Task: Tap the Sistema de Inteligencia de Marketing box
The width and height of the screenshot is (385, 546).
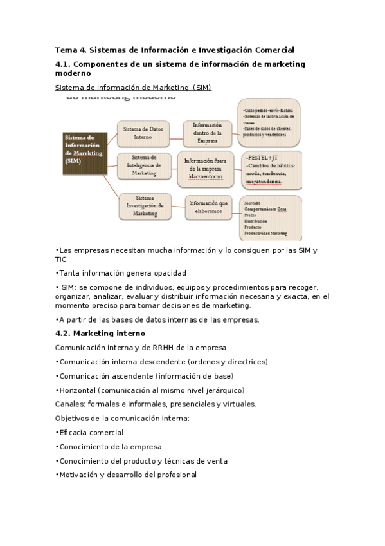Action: click(144, 166)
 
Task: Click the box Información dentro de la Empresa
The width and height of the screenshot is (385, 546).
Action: click(207, 133)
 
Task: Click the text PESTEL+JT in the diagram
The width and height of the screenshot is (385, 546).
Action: click(263, 156)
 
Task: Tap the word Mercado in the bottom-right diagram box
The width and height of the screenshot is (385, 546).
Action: click(251, 202)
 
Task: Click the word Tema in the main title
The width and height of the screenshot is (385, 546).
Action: click(66, 49)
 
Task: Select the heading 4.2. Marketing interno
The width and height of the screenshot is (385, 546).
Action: click(100, 333)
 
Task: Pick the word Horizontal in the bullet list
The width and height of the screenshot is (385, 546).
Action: click(78, 390)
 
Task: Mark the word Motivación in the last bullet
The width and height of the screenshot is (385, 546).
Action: click(79, 475)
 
